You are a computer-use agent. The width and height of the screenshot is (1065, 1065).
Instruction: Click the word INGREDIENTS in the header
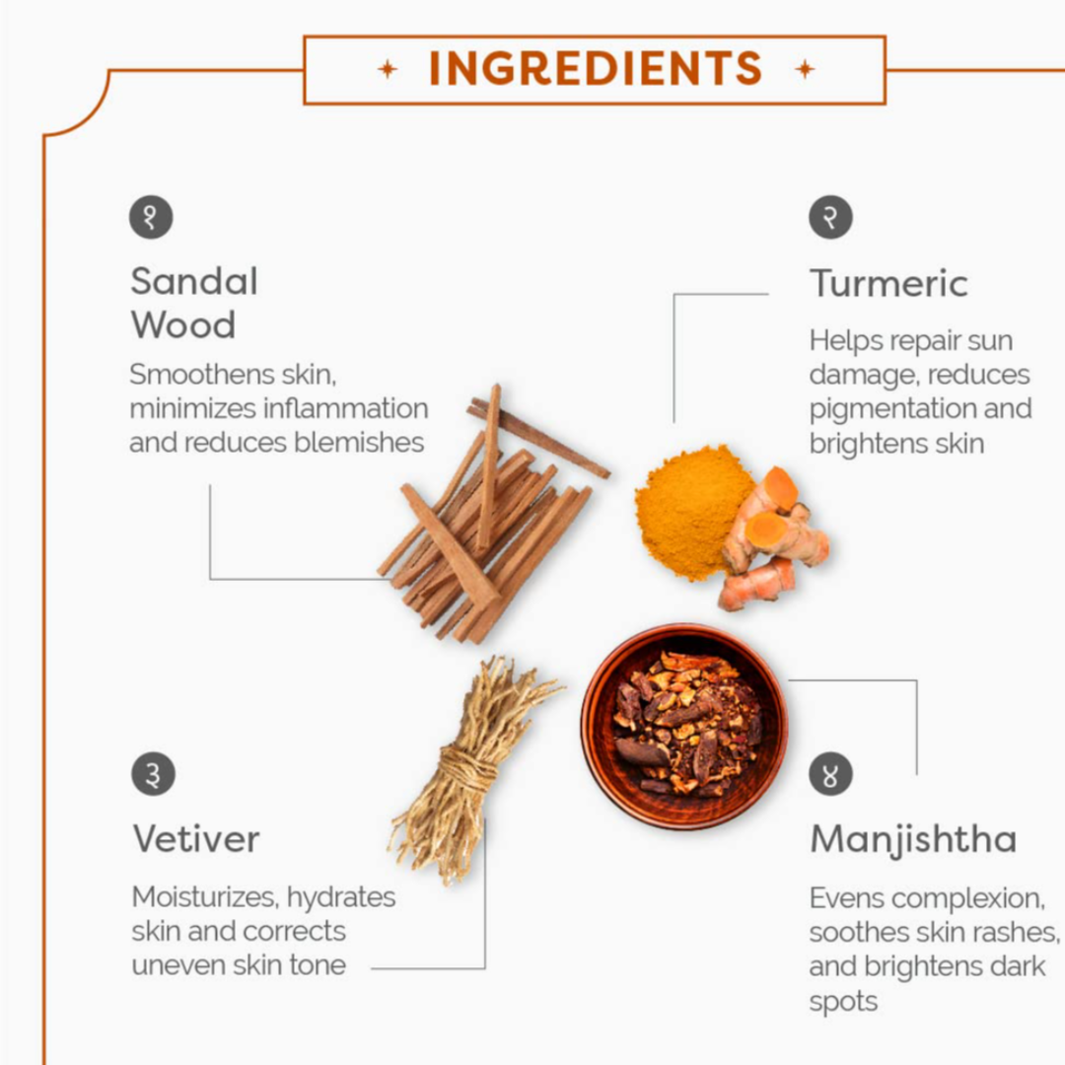point(596,69)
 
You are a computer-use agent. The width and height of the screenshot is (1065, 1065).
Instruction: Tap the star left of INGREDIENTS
point(388,69)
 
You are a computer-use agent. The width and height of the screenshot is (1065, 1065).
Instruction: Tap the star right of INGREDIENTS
point(805,69)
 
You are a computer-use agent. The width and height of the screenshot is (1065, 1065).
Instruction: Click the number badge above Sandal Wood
point(151,217)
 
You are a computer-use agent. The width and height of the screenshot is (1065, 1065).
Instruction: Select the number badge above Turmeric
point(830,217)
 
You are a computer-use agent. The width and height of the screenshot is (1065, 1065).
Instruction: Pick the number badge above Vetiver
point(153,774)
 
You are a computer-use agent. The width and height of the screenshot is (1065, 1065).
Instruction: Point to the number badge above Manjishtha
point(830,774)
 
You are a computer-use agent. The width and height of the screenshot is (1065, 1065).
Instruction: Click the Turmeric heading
point(888,283)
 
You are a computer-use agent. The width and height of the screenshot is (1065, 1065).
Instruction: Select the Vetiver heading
point(196,839)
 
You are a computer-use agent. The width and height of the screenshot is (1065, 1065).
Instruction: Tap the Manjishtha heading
point(913,841)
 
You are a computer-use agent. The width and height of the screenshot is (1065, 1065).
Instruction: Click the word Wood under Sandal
point(183,324)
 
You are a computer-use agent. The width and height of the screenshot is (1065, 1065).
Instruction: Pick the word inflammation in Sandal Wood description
point(346,408)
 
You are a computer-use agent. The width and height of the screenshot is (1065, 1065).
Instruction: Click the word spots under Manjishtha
point(843,1003)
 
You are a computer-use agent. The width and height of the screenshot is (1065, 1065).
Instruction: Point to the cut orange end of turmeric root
point(779,488)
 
